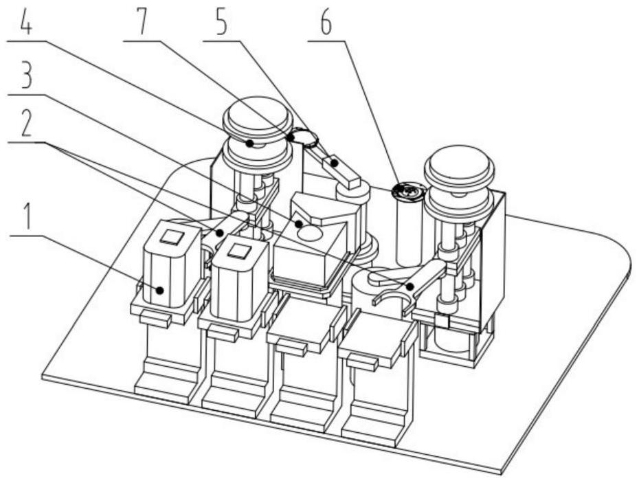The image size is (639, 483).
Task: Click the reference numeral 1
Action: click(27, 218)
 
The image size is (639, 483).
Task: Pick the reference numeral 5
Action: click(221, 23)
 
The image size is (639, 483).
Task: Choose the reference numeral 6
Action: click(326, 23)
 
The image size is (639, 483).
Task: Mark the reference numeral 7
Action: click(141, 23)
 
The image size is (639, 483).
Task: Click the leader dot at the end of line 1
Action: click(159, 290)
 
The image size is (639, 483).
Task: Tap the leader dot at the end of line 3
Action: click(299, 224)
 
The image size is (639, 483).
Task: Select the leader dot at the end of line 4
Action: click(249, 143)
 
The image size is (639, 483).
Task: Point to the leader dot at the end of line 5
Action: click(335, 163)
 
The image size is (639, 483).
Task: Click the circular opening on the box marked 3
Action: click(310, 233)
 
